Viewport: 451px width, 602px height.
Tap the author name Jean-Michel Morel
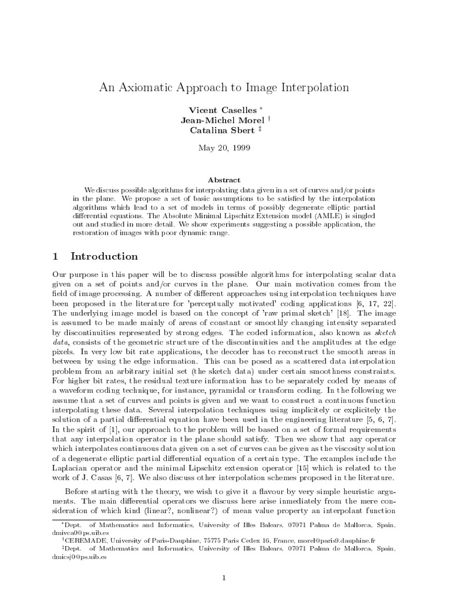pyautogui.click(x=216, y=121)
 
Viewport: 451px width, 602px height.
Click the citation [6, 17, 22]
pyautogui.click(x=376, y=302)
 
